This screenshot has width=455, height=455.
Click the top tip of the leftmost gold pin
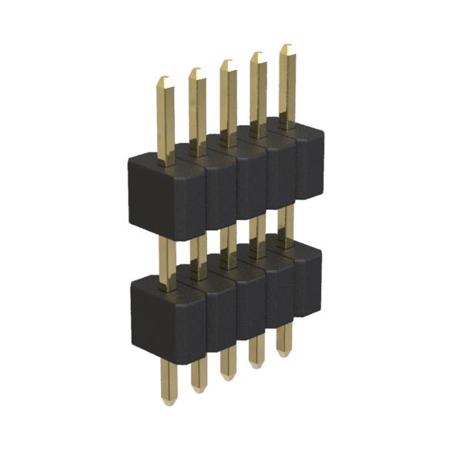(x=165, y=79)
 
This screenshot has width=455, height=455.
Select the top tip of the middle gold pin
(x=226, y=62)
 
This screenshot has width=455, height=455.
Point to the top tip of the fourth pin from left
(x=257, y=55)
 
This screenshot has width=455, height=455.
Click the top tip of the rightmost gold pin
(x=286, y=47)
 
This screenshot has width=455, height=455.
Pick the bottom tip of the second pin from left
(x=199, y=390)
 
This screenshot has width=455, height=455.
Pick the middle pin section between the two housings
(x=227, y=239)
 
